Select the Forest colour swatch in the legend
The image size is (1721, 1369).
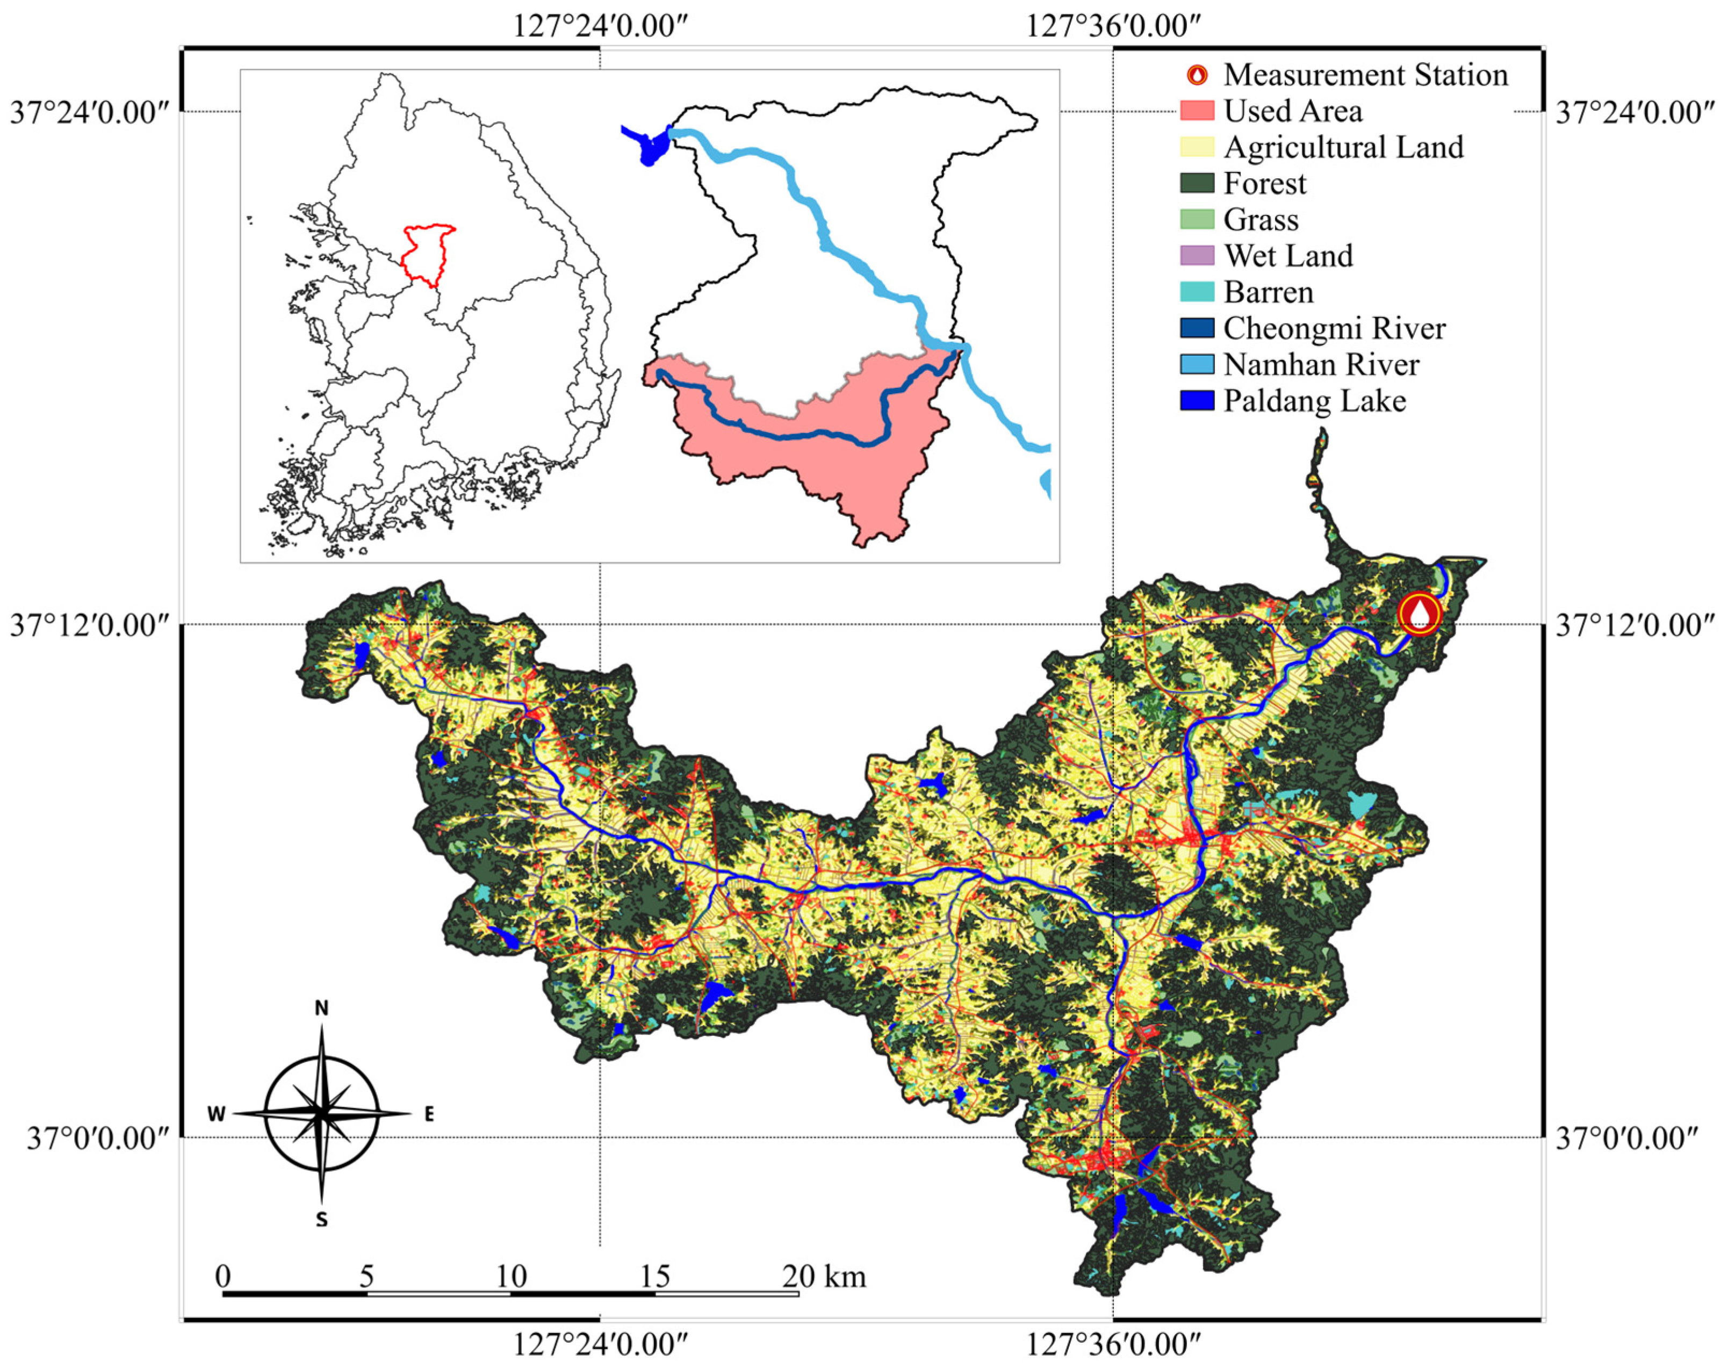pyautogui.click(x=1197, y=183)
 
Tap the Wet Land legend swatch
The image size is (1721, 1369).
pyautogui.click(x=1197, y=255)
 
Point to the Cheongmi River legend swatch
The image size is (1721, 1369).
pyautogui.click(x=1197, y=328)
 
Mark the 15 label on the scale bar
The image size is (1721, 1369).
pyautogui.click(x=654, y=1276)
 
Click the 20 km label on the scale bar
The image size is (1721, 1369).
pyautogui.click(x=824, y=1276)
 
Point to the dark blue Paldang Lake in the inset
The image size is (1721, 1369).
pyautogui.click(x=651, y=146)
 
